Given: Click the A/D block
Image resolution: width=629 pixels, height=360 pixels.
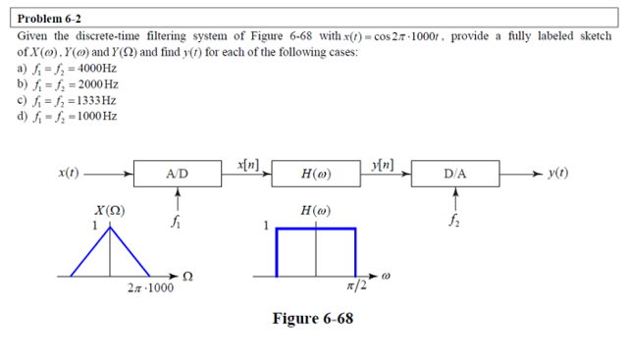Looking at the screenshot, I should (x=179, y=176).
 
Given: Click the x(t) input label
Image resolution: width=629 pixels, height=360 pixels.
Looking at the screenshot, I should (x=71, y=174).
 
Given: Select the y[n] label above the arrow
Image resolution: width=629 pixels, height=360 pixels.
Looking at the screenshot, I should (x=385, y=162).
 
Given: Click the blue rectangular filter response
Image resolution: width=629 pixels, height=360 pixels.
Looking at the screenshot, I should (x=316, y=251).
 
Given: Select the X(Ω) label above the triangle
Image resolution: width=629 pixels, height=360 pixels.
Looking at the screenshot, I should (x=108, y=211).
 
